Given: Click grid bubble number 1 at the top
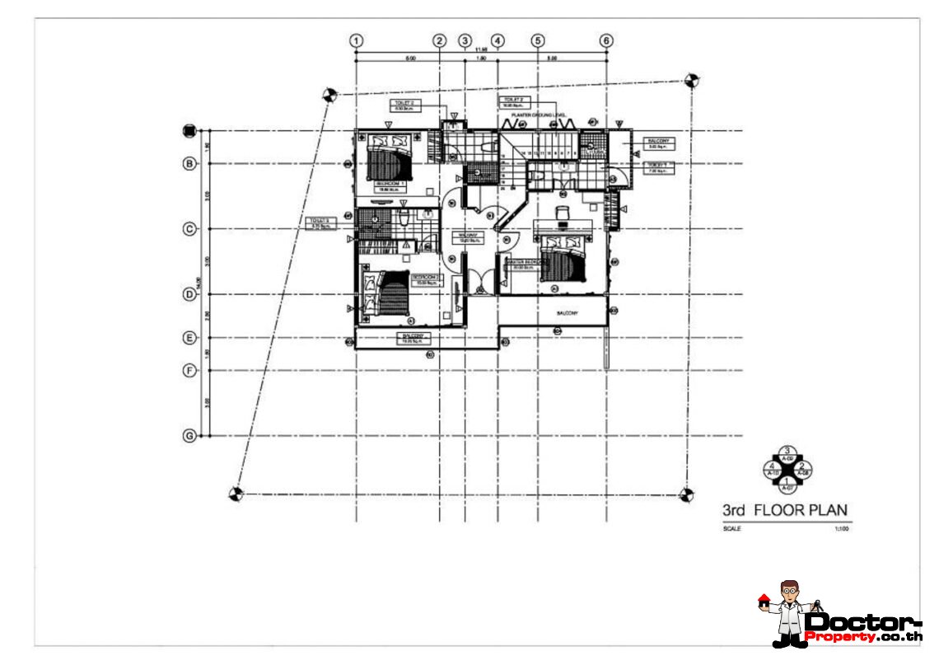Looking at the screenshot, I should pos(356,40).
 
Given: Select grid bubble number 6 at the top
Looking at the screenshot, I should pos(606,40).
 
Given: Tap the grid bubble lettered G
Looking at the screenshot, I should pos(189,435).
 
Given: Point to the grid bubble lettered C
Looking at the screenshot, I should pos(189,229).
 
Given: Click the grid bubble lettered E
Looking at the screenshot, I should pos(189,338).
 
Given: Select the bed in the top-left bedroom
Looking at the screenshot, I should pos(387,156).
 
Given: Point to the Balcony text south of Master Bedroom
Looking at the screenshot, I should pos(567,314).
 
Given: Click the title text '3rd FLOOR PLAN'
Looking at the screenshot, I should pos(784,510).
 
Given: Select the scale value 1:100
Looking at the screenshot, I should pos(840,529).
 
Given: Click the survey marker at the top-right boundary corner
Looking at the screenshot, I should pos(692,81).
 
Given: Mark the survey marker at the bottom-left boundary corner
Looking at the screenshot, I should pos(235,494).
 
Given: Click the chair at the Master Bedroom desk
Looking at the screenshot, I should pos(563,213).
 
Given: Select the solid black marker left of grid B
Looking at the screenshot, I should pos(189,130).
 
